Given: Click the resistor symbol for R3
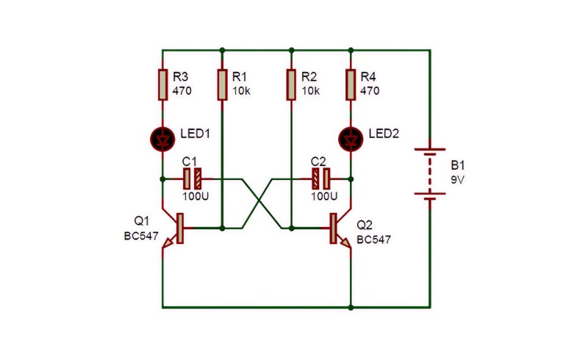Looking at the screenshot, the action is (x=162, y=84).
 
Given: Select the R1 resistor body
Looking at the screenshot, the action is (x=222, y=84).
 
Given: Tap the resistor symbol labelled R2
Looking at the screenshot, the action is (x=291, y=84).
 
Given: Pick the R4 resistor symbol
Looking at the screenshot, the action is (x=351, y=84).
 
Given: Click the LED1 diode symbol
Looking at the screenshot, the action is (x=162, y=139).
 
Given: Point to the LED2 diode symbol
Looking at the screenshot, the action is (x=351, y=139).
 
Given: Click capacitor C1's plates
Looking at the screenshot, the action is (x=193, y=179).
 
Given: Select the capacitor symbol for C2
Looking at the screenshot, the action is (x=321, y=179).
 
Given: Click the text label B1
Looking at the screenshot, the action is (x=457, y=165).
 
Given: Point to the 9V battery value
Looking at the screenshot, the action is (x=457, y=180).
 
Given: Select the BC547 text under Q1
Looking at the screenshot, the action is (x=141, y=237).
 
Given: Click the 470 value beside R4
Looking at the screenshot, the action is (x=370, y=91).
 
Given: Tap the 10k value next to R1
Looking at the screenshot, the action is (x=241, y=91).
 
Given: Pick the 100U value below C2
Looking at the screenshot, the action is (x=324, y=196).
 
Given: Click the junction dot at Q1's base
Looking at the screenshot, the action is (x=222, y=228).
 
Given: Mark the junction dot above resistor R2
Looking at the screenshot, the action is (x=291, y=50).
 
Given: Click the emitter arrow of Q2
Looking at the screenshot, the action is (x=345, y=242).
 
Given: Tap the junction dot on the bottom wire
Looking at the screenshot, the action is (x=351, y=308).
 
